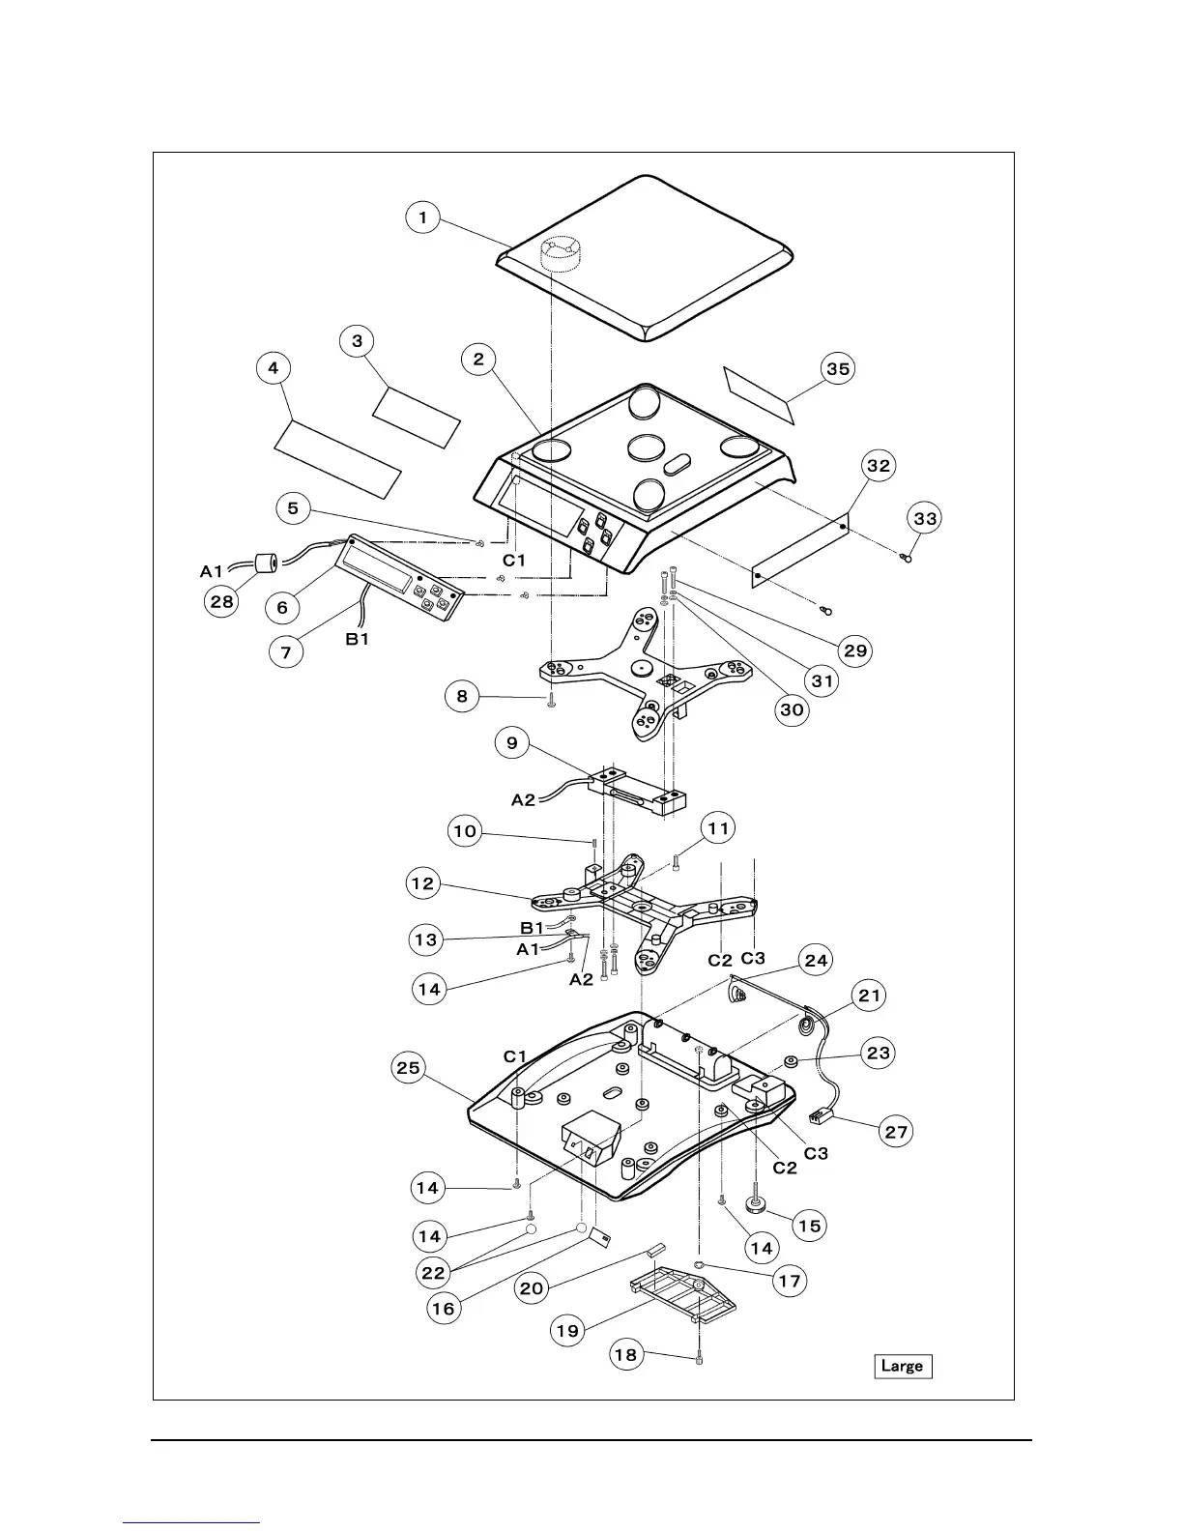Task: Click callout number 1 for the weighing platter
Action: click(422, 217)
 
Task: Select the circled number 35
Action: click(838, 368)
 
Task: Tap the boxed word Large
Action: click(903, 1366)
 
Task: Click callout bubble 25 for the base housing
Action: click(410, 1068)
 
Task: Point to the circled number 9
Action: click(512, 742)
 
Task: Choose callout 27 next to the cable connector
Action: click(898, 1131)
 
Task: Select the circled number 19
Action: click(567, 1330)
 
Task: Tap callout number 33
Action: click(925, 519)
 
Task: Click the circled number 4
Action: click(274, 367)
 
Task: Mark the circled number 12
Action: click(423, 883)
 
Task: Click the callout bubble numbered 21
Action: click(871, 995)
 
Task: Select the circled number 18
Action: click(626, 1354)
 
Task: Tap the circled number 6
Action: click(282, 607)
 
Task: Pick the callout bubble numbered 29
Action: click(855, 650)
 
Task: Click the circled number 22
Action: click(434, 1273)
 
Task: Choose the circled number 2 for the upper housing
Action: click(478, 360)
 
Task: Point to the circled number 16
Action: click(444, 1309)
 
